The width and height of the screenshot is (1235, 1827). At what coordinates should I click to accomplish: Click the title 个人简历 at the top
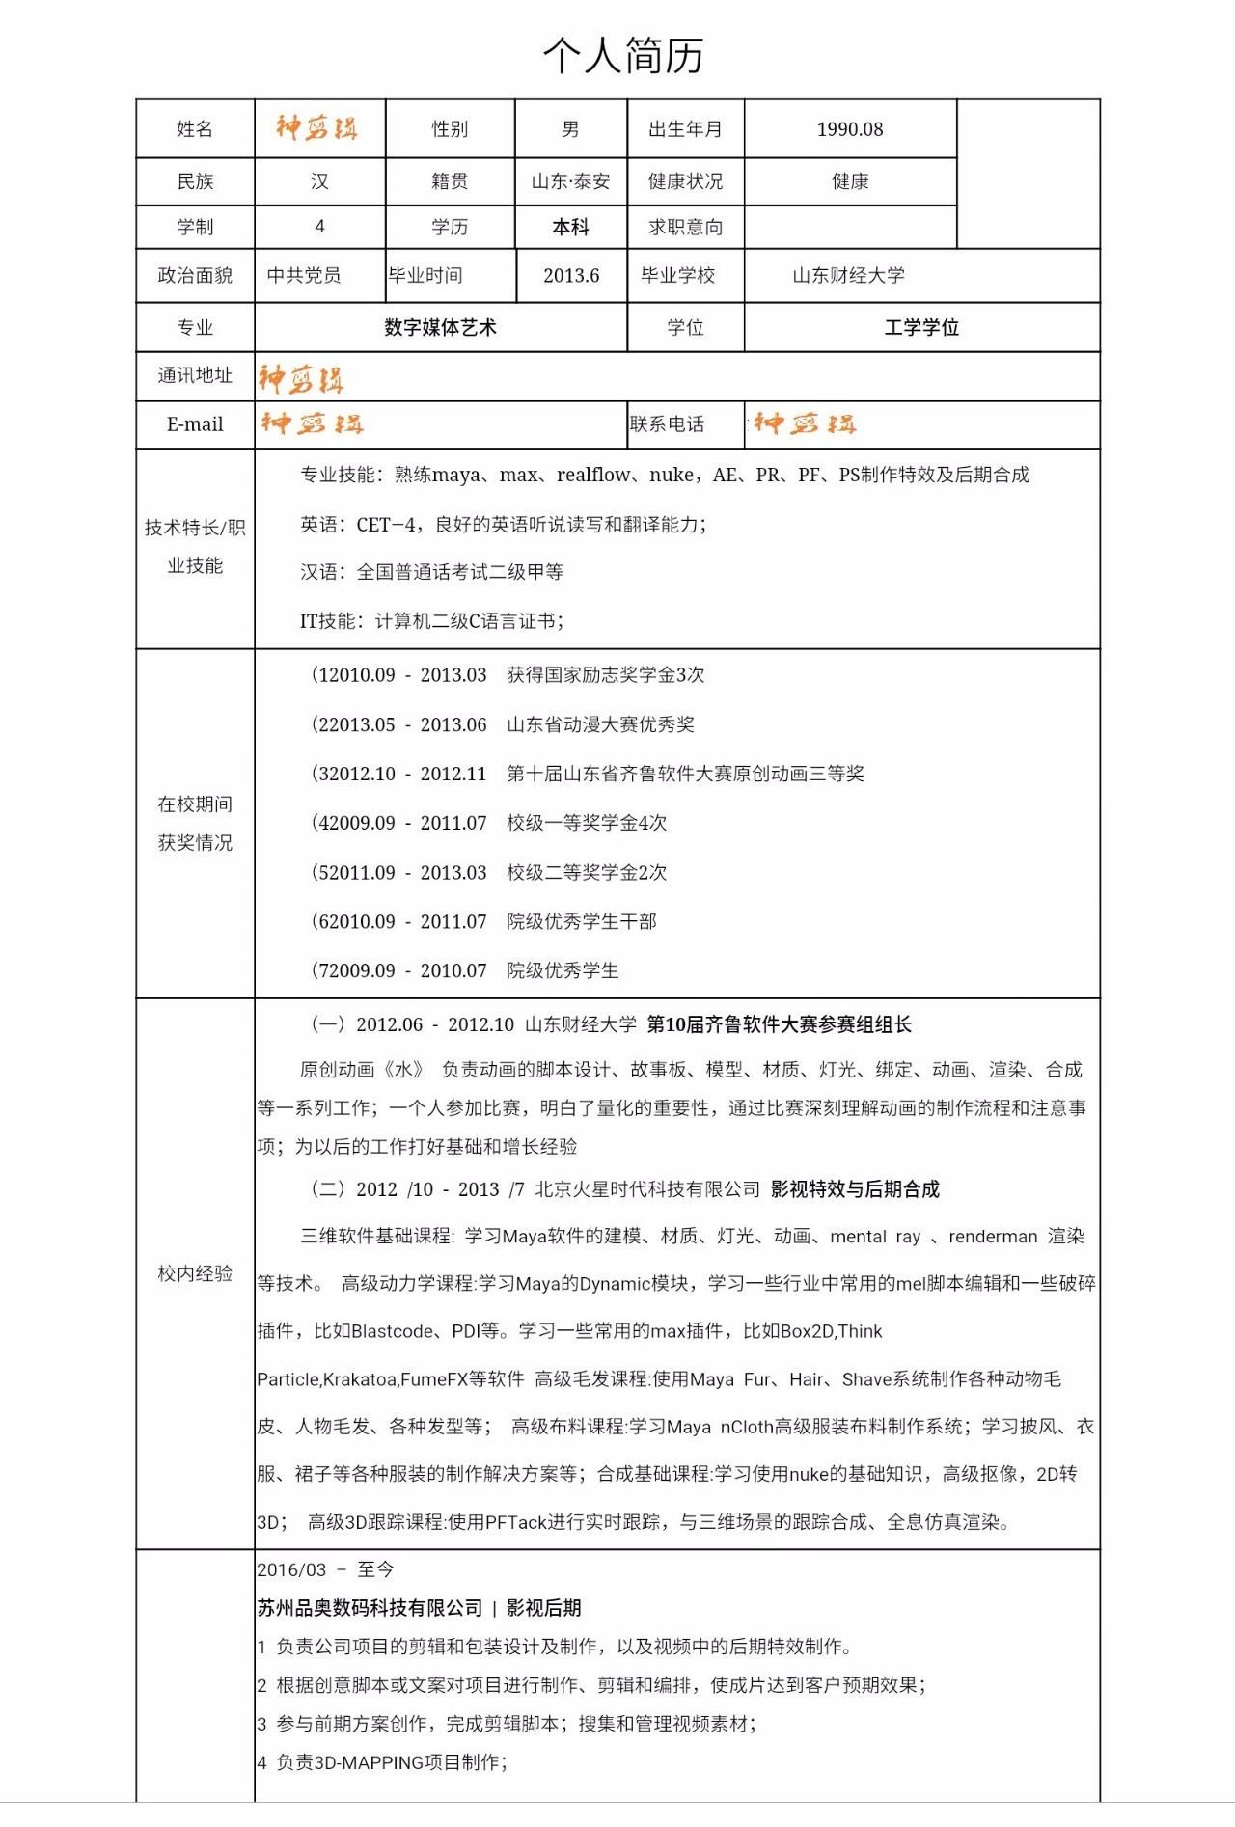(x=622, y=56)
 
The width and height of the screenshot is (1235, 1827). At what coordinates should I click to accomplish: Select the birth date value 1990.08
(x=849, y=129)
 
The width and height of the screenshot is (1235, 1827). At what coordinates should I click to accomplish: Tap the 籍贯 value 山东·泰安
(x=570, y=181)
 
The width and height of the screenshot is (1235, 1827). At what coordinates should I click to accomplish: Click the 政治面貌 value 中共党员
(x=304, y=275)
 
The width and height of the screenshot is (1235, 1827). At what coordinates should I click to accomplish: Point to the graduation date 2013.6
(x=571, y=275)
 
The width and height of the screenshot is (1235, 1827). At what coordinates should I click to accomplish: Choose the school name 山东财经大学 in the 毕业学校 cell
(x=848, y=275)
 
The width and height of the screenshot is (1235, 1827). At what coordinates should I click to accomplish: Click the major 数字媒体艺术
(x=440, y=327)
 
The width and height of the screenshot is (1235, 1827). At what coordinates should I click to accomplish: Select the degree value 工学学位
(x=921, y=327)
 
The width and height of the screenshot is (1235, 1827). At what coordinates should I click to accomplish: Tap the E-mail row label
(x=195, y=424)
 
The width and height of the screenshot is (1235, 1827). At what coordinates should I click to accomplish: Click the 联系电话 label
(x=667, y=424)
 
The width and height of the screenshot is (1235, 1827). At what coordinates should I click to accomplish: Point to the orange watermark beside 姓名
(x=316, y=128)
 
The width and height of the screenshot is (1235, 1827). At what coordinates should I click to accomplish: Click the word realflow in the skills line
(x=593, y=475)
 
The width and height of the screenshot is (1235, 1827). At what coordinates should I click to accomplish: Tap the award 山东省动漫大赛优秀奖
(x=600, y=724)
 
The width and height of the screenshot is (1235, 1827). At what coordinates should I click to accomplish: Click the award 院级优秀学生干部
(x=581, y=921)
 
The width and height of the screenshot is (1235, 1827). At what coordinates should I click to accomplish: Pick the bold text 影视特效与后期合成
(x=855, y=1188)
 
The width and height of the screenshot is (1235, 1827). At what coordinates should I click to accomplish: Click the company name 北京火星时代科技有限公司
(x=646, y=1188)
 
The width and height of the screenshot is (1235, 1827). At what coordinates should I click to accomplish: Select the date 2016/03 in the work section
(x=291, y=1569)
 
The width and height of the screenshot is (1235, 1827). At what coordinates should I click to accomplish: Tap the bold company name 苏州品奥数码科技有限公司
(x=370, y=1607)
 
